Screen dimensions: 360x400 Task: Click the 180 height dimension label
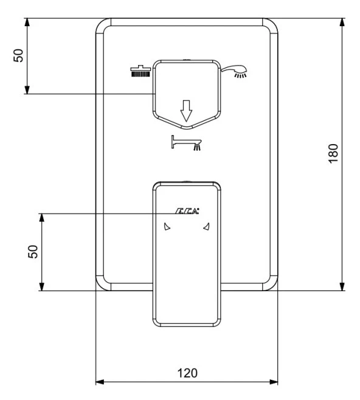click(333, 153)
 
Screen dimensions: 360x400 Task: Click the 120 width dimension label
click(187, 373)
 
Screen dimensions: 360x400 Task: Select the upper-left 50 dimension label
click(18, 55)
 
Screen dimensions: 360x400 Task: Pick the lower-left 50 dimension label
click(33, 252)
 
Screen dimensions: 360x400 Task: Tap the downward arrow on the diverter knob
click(186, 111)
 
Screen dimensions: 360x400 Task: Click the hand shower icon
click(234, 72)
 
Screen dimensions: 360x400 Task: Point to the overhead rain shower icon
click(140, 71)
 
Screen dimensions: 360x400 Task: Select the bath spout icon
click(187, 143)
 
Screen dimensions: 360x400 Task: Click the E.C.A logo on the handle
click(187, 211)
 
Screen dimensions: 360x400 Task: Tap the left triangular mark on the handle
click(167, 226)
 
